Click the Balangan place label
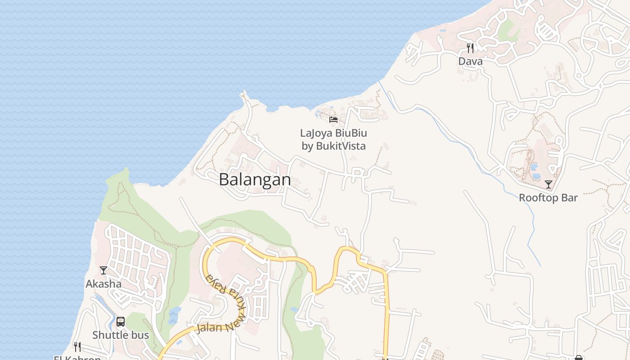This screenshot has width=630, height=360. [x=255, y=180]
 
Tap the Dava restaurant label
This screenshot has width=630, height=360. [x=470, y=61]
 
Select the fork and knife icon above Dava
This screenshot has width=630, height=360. [x=470, y=48]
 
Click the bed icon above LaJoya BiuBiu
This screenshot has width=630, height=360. [x=333, y=120]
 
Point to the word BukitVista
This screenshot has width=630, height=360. [x=340, y=146]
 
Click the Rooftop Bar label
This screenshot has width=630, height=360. [x=548, y=198]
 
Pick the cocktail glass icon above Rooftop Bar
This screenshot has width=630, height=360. [x=549, y=184]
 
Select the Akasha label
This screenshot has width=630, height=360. [x=103, y=284]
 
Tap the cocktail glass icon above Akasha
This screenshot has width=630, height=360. [x=103, y=270]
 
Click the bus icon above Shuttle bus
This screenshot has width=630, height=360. [x=121, y=322]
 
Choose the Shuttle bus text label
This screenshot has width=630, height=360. [x=121, y=335]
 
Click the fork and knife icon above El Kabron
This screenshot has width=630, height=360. [x=77, y=346]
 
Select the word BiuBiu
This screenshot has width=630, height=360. [x=351, y=133]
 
